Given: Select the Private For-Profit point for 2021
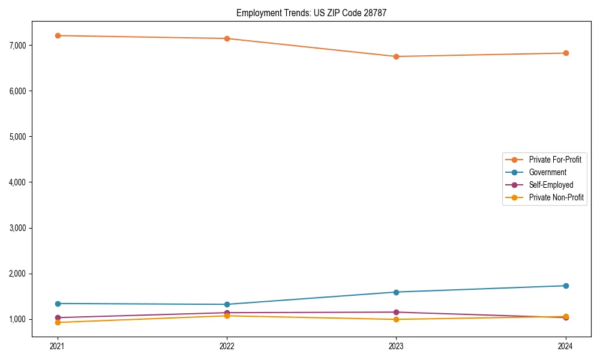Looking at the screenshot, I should pyautogui.click(x=58, y=35).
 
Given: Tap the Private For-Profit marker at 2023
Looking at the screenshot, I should pyautogui.click(x=396, y=56).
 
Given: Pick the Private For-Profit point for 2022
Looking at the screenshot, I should pyautogui.click(x=227, y=38).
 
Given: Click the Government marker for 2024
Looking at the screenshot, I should pyautogui.click(x=566, y=286).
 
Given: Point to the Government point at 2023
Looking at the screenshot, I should pyautogui.click(x=396, y=292).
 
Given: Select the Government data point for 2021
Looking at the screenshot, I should pyautogui.click(x=58, y=304).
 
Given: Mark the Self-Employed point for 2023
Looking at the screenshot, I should pyautogui.click(x=396, y=312).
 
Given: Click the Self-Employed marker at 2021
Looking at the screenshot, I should pyautogui.click(x=58, y=317).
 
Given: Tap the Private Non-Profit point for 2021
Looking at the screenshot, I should pyautogui.click(x=58, y=322).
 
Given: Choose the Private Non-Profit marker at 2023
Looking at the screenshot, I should pyautogui.click(x=396, y=319).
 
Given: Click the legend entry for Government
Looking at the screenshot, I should pyautogui.click(x=547, y=172).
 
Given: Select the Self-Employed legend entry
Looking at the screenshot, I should pyautogui.click(x=551, y=185).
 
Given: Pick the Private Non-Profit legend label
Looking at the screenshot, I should pyautogui.click(x=556, y=197).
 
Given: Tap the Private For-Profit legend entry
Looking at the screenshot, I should pyautogui.click(x=555, y=160).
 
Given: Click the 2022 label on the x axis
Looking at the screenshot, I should pyautogui.click(x=227, y=346).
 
